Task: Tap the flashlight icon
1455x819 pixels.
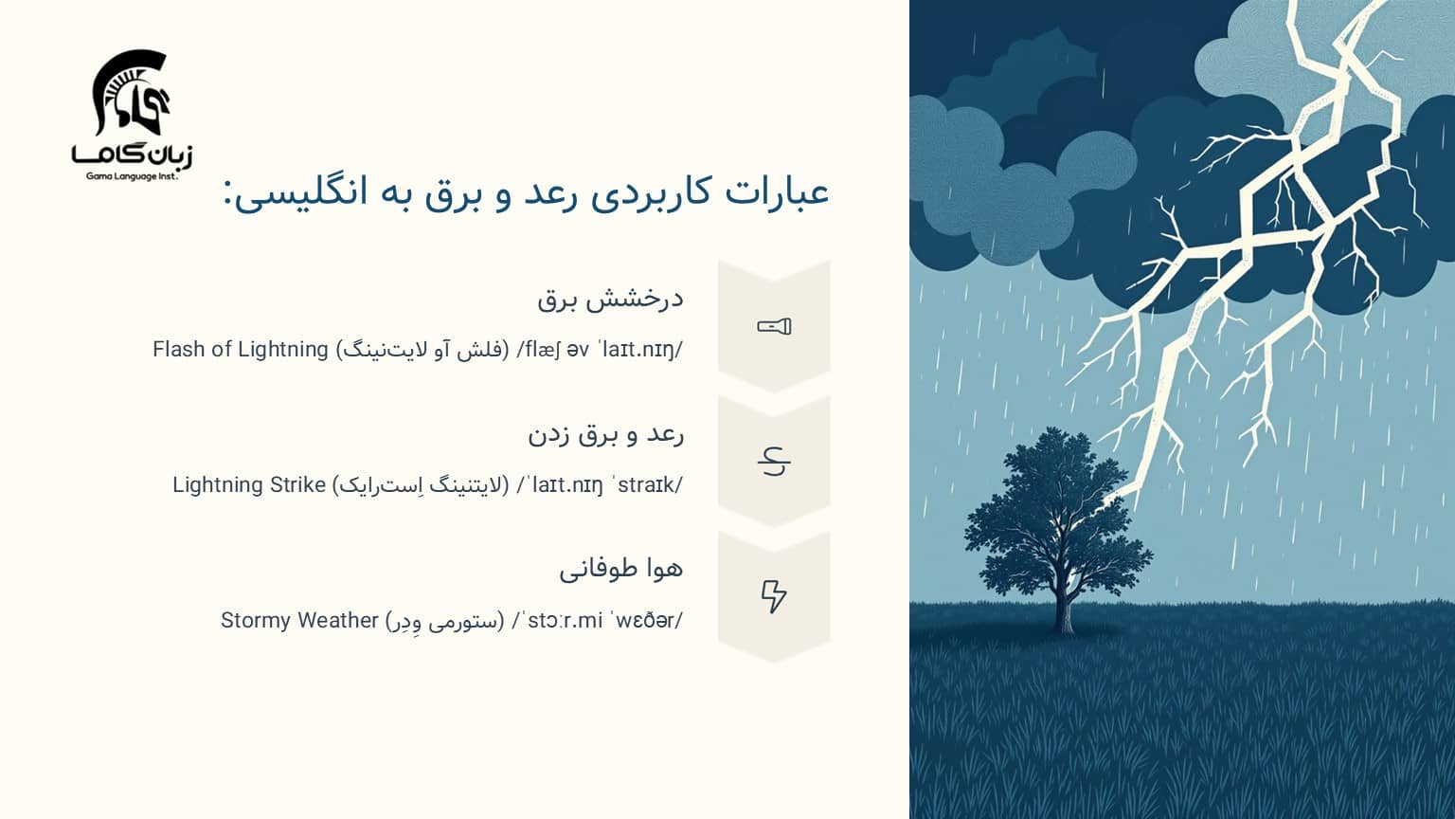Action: point(774,327)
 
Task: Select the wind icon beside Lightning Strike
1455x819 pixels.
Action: point(774,462)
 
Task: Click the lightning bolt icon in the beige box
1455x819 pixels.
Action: point(774,596)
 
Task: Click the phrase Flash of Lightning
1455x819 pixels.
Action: point(240,350)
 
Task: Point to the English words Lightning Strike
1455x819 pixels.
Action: point(249,485)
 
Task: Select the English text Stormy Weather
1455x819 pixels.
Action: point(299,621)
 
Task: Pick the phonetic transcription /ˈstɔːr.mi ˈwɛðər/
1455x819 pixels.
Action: point(598,621)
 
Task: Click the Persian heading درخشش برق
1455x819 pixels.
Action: point(610,300)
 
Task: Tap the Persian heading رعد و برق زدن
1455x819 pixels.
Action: point(605,435)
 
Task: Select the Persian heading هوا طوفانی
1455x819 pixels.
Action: point(620,570)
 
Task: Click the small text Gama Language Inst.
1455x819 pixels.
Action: point(132,175)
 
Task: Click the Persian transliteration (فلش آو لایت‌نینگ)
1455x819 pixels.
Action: point(423,350)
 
